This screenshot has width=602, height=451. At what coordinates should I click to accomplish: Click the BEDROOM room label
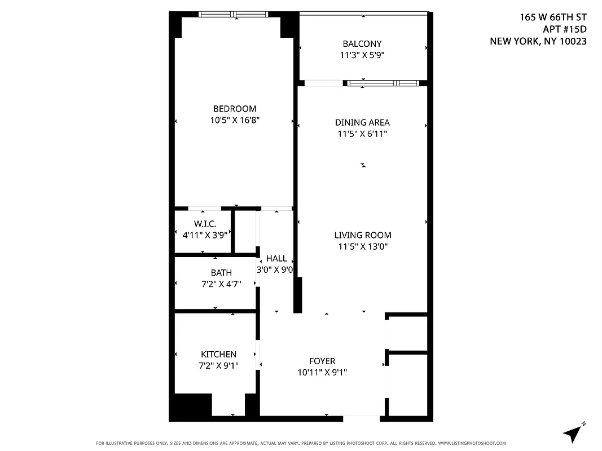click(234, 109)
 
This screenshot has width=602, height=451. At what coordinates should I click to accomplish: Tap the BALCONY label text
click(362, 43)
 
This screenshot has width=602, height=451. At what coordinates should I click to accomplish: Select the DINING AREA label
click(362, 122)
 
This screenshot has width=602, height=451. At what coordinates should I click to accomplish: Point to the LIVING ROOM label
click(362, 235)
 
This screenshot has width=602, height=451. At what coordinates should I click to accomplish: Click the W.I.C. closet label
click(205, 224)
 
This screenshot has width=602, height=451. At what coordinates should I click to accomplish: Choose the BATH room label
click(221, 273)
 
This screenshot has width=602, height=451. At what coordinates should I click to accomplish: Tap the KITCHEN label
click(218, 354)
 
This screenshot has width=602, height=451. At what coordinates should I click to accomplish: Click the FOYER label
click(322, 361)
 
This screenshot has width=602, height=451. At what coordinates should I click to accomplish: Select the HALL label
click(276, 258)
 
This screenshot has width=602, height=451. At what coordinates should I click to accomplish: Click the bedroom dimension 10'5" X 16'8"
click(234, 120)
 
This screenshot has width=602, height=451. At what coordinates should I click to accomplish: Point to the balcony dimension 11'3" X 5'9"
click(362, 55)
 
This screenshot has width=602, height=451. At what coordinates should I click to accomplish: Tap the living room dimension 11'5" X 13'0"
click(362, 246)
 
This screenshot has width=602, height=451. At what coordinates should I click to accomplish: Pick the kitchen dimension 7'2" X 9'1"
click(218, 365)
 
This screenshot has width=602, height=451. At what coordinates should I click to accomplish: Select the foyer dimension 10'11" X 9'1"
click(322, 372)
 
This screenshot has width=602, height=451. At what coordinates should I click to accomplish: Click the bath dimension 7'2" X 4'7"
click(221, 284)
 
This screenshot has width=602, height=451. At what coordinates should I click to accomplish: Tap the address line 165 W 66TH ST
click(553, 17)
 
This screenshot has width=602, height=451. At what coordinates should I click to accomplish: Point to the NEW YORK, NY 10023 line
click(538, 41)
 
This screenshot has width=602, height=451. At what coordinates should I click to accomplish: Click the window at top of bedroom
click(235, 15)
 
